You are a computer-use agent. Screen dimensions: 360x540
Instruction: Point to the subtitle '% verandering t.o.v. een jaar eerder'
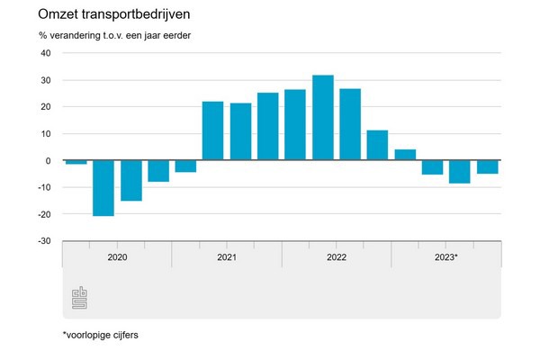tap(121, 36)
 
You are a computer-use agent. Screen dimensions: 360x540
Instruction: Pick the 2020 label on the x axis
tap(117, 257)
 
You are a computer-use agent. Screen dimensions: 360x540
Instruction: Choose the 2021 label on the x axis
tap(227, 257)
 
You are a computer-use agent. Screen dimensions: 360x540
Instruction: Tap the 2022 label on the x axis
tap(337, 257)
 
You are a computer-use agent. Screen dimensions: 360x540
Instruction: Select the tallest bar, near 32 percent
tap(322, 118)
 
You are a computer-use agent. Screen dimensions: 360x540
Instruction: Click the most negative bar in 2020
tap(103, 188)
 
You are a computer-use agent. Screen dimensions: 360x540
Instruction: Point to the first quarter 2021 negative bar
tap(185, 166)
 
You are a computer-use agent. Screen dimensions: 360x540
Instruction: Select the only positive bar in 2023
tap(405, 155)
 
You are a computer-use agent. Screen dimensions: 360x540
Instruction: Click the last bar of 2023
tap(488, 166)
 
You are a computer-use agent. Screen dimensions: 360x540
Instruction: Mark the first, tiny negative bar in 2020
tap(76, 162)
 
